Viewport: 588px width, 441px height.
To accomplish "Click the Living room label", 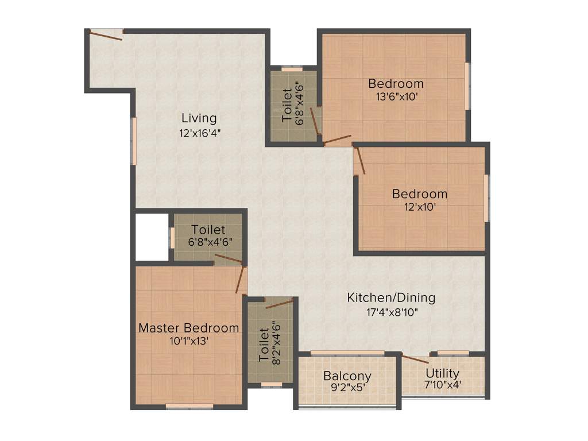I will click(199, 118).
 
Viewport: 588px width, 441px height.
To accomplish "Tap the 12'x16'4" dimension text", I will click(199, 133).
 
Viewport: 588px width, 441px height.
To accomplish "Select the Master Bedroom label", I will click(189, 328).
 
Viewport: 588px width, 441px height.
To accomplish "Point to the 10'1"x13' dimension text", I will click(189, 341).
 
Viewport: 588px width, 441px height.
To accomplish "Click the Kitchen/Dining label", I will click(391, 298).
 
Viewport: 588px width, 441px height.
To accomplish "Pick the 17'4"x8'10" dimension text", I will click(391, 312).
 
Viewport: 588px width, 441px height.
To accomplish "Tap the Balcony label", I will click(347, 376).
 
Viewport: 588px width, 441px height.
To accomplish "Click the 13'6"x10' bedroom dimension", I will click(396, 97).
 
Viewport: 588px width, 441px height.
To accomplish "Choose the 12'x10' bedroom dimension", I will click(419, 207).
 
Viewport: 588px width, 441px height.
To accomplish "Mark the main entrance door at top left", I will click(106, 34).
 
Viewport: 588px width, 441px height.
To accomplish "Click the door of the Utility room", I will click(415, 359).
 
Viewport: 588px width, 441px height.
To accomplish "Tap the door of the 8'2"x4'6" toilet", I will click(279, 303).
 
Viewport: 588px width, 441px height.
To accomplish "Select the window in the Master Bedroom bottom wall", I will click(189, 406).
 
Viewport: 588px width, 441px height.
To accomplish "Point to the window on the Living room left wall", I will click(134, 141).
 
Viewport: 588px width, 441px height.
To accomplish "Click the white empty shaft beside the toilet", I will click(151, 237).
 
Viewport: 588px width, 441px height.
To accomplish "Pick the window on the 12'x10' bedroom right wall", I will click(486, 198).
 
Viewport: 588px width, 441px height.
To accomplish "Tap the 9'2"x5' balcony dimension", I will click(347, 388).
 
